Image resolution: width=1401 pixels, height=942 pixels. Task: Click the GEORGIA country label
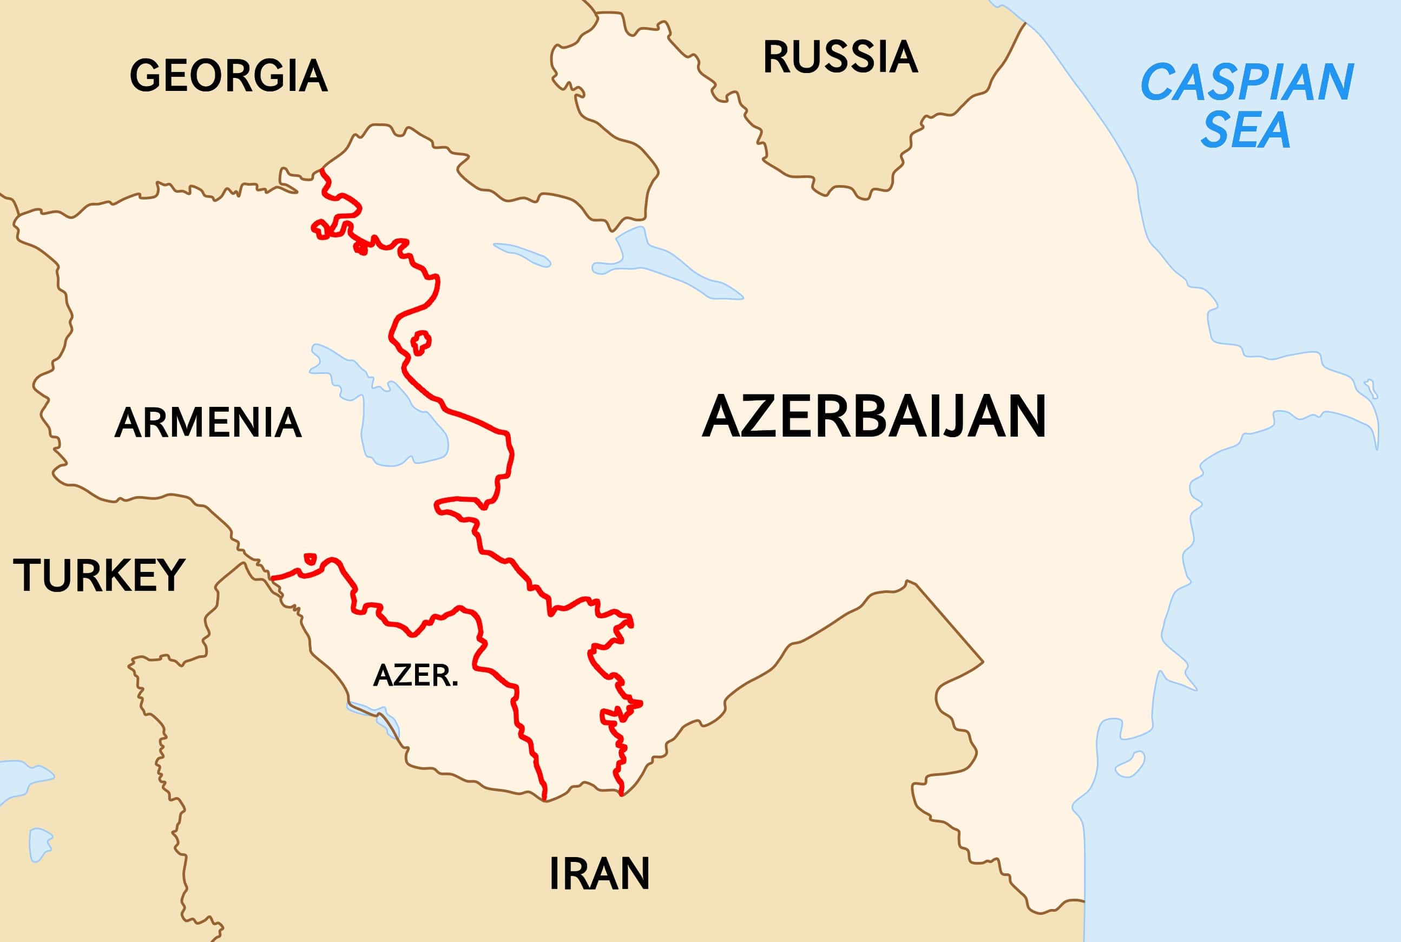pyautogui.click(x=228, y=76)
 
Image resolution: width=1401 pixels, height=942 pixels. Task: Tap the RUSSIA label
pyautogui.click(x=840, y=58)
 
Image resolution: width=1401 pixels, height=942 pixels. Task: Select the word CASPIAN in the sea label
pyautogui.click(x=1247, y=83)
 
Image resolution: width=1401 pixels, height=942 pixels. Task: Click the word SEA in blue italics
pyautogui.click(x=1245, y=130)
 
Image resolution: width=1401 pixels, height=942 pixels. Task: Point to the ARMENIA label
pyautogui.click(x=208, y=423)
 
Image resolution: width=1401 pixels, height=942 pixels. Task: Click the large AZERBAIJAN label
pyautogui.click(x=874, y=417)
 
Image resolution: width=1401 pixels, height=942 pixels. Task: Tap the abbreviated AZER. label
pyautogui.click(x=416, y=676)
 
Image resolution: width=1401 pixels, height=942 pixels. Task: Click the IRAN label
pyautogui.click(x=599, y=874)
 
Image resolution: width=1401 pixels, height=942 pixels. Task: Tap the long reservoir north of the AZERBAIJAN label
pyautogui.click(x=667, y=268)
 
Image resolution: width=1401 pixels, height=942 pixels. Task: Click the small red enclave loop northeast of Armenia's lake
pyautogui.click(x=420, y=342)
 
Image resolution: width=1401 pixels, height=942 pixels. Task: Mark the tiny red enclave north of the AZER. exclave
pyautogui.click(x=310, y=559)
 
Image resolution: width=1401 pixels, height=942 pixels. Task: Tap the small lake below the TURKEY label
pyautogui.click(x=40, y=844)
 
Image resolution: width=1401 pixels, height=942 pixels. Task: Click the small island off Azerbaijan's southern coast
pyautogui.click(x=1130, y=764)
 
